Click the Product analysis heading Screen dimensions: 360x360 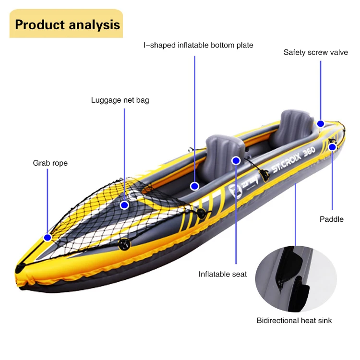coord(67,24)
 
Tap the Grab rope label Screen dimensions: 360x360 coord(50,163)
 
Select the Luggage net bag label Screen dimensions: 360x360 coord(120,100)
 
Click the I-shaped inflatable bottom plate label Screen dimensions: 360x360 coord(198,45)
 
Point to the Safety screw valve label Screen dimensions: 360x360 coord(315,52)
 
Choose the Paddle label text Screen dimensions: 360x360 coord(332,219)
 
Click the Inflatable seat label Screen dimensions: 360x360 coord(223,274)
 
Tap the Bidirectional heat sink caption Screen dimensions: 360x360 coord(294,320)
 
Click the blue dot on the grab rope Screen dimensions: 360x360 coord(48,237)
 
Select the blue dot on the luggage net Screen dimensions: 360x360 coord(125,205)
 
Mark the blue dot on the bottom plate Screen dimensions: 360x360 coord(194,186)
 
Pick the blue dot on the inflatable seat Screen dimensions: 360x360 coord(236,160)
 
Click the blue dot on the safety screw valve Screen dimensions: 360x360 coord(321,123)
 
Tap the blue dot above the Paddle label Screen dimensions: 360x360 coord(332,147)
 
